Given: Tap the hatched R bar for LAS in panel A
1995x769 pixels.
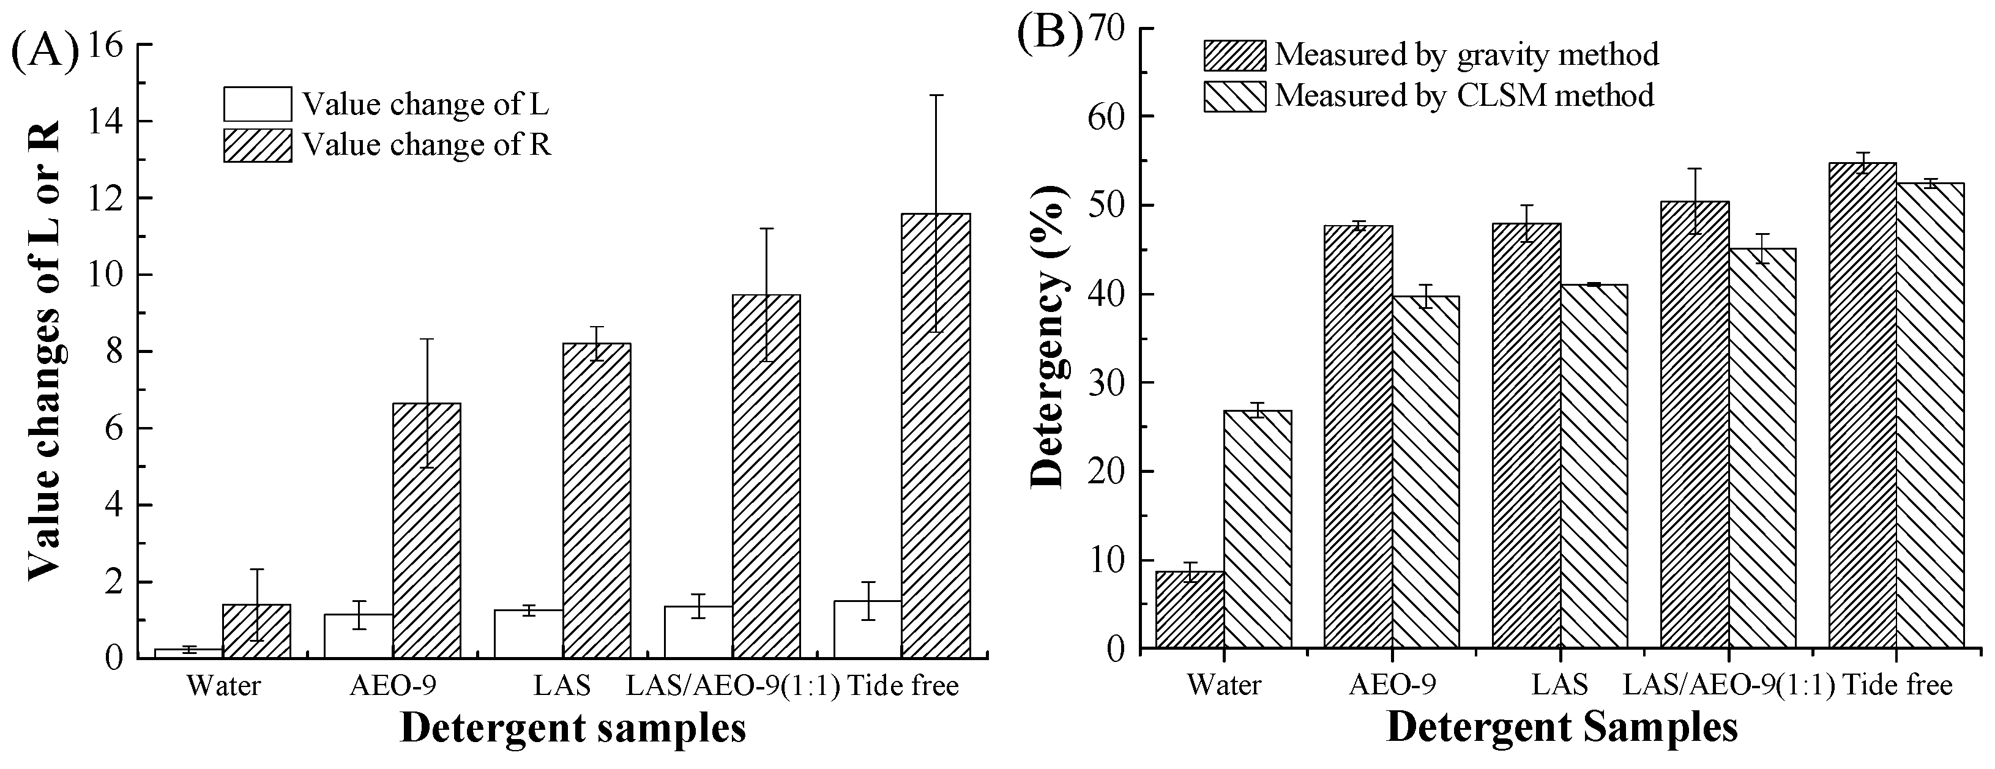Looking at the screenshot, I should [596, 500].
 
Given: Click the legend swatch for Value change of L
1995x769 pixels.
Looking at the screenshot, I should [258, 104].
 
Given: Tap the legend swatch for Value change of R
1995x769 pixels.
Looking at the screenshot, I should [258, 146].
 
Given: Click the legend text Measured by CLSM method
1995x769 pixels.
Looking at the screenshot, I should [1464, 96].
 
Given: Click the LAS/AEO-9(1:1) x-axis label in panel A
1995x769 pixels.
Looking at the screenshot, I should [733, 685].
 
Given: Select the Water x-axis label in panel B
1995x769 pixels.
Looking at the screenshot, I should [1224, 685].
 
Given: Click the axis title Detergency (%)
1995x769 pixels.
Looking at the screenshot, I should [1050, 337].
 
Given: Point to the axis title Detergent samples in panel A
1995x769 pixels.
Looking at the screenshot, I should [572, 729].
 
